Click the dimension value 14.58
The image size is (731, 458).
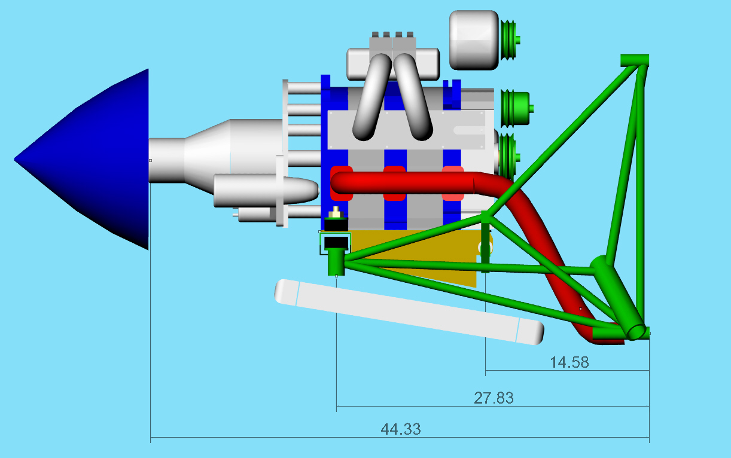click(569, 362)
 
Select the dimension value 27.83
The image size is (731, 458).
click(494, 398)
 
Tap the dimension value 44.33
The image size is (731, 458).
click(401, 429)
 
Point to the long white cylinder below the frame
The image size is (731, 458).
click(409, 312)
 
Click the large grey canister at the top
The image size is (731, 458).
click(474, 40)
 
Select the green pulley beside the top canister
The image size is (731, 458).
click(510, 40)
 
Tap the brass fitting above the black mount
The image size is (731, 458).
click(336, 213)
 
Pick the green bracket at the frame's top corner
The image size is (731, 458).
click(635, 60)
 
